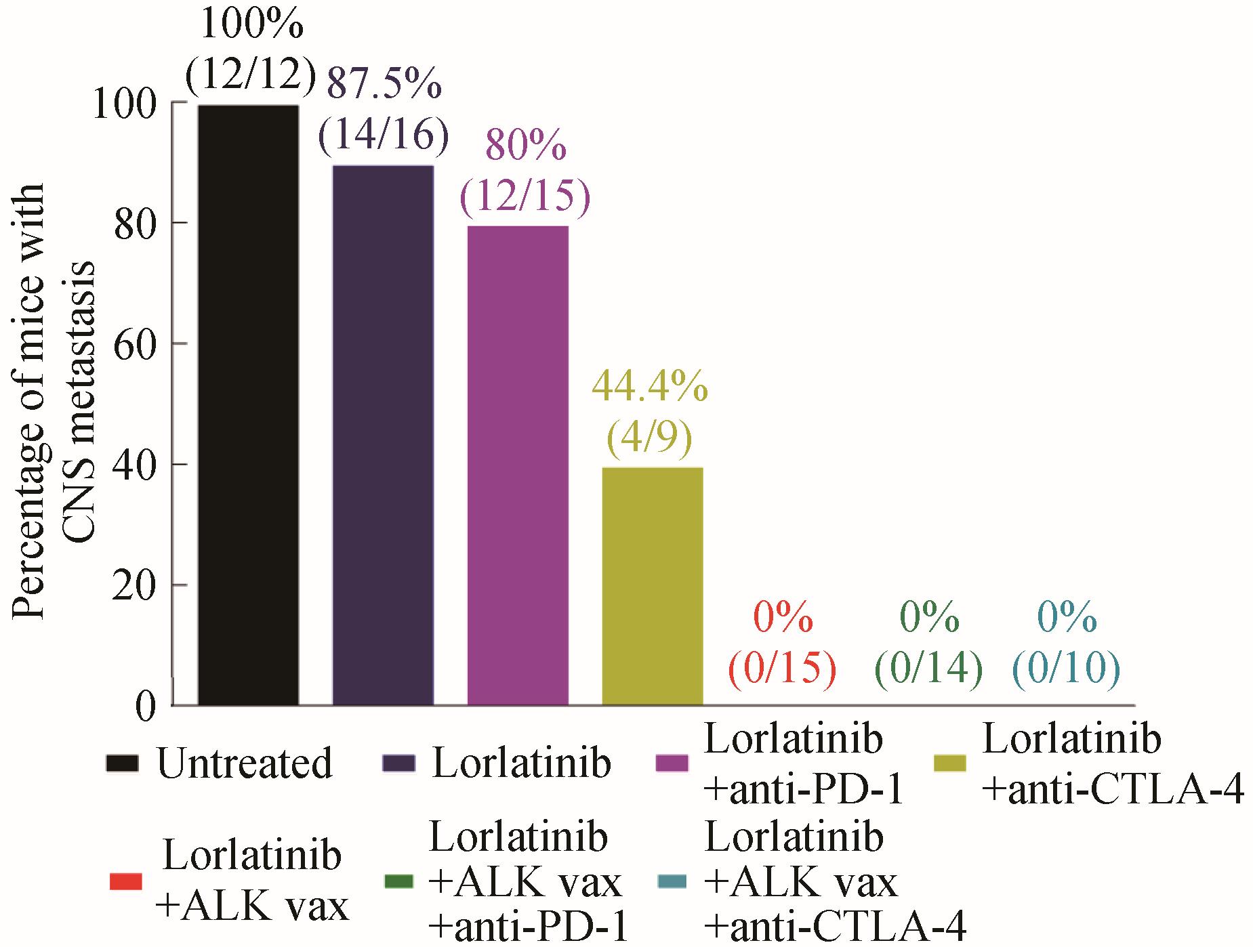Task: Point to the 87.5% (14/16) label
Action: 384,112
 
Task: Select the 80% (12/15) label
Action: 525,173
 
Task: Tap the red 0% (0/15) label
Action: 783,644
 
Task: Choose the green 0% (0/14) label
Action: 929,644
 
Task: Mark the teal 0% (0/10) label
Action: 1066,644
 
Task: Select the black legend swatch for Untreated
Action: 123,763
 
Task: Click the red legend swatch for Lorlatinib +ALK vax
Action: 126,881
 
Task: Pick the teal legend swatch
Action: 672,881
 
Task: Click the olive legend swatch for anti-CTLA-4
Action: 949,763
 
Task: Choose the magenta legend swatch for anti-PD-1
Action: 672,763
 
